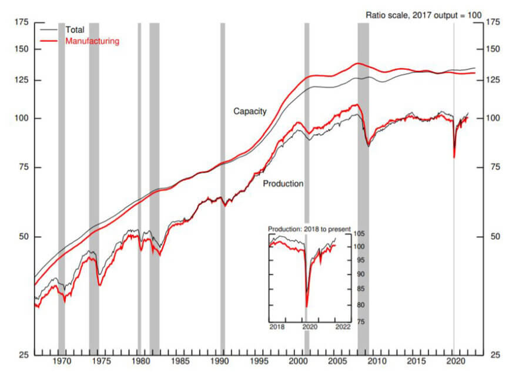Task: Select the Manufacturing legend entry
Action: pos(92,41)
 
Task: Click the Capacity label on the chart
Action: pos(250,111)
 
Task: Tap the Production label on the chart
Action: pos(283,183)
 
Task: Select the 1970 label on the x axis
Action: pos(62,361)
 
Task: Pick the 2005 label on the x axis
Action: pos(338,361)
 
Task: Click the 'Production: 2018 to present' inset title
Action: pos(309,229)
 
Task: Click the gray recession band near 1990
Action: pos(222,176)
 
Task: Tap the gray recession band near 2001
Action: pos(306,176)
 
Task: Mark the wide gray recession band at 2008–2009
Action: pos(363,176)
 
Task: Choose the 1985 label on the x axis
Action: pos(180,361)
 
